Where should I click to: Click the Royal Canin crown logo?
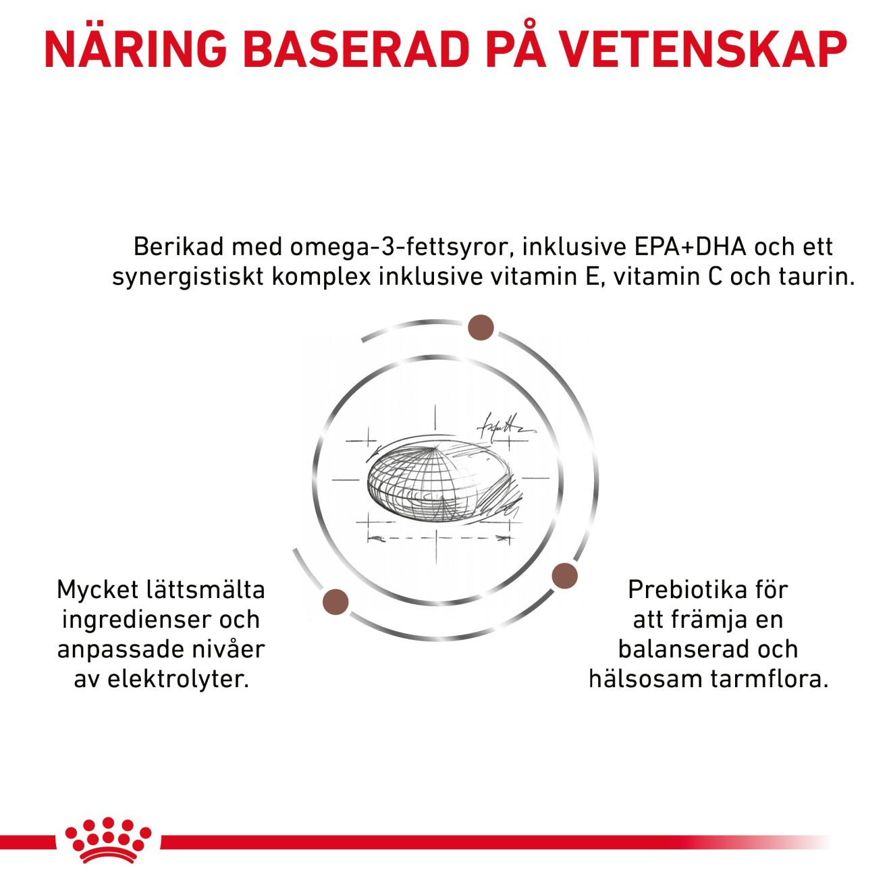(x=108, y=840)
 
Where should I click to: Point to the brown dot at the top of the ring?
(x=481, y=327)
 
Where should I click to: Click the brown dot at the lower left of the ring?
(x=336, y=601)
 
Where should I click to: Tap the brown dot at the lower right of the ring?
(x=564, y=576)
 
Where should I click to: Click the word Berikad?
(x=178, y=247)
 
